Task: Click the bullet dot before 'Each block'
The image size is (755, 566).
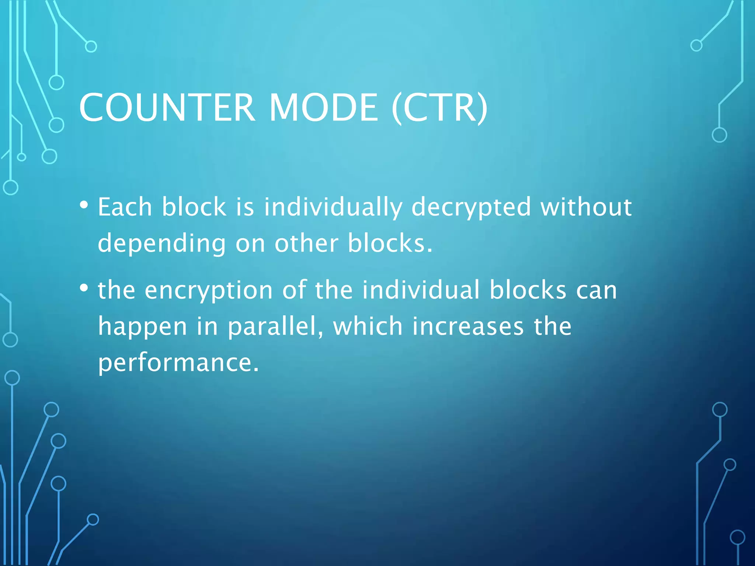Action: click(84, 205)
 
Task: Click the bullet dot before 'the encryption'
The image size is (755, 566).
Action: click(84, 288)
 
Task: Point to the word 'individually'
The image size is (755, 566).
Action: click(333, 207)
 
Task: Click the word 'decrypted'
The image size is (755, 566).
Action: click(471, 207)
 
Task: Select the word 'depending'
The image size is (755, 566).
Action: click(161, 244)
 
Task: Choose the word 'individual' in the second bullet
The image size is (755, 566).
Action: click(421, 290)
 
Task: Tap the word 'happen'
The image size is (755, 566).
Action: click(142, 327)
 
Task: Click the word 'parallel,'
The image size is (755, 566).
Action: click(275, 327)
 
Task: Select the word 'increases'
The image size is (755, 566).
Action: click(468, 326)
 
